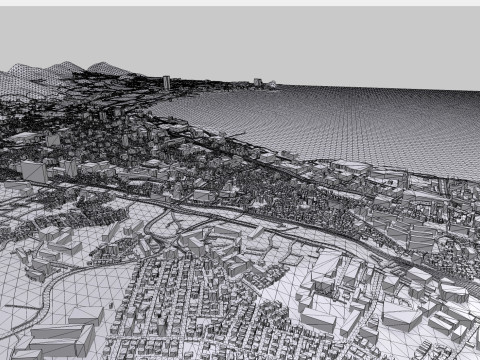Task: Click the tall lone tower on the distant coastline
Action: [166, 82]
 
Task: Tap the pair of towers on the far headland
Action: [258, 83]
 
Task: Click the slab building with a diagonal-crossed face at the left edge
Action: [33, 172]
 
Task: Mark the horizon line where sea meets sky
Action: [380, 89]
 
